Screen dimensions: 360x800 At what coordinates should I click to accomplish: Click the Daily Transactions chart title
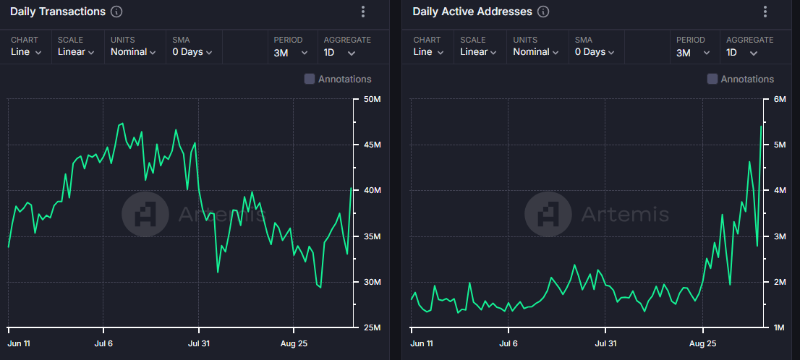click(x=58, y=12)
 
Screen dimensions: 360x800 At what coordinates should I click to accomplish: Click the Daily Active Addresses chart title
click(x=472, y=12)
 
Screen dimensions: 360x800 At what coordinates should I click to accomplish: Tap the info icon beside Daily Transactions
click(x=117, y=12)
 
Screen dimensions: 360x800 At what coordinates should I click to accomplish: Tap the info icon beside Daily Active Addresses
click(x=543, y=12)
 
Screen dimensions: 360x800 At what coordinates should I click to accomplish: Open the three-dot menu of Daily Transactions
click(x=363, y=12)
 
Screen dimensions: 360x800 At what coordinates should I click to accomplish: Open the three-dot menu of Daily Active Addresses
click(x=765, y=12)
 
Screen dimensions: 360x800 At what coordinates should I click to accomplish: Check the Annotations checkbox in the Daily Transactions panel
click(x=310, y=79)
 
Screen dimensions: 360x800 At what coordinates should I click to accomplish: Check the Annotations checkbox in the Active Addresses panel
click(x=712, y=79)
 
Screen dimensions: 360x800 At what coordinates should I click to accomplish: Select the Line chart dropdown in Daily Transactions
click(x=26, y=52)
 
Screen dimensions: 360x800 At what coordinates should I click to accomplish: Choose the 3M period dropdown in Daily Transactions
click(x=292, y=52)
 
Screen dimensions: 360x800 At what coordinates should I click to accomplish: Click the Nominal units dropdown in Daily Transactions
click(x=133, y=52)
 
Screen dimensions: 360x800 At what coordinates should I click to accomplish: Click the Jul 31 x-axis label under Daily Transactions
click(x=199, y=343)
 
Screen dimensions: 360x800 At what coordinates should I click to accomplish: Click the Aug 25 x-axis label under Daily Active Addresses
click(x=702, y=343)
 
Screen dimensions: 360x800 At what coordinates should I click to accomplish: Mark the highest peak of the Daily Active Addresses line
click(x=762, y=127)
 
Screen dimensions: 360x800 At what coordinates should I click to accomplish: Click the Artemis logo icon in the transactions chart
click(x=140, y=213)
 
